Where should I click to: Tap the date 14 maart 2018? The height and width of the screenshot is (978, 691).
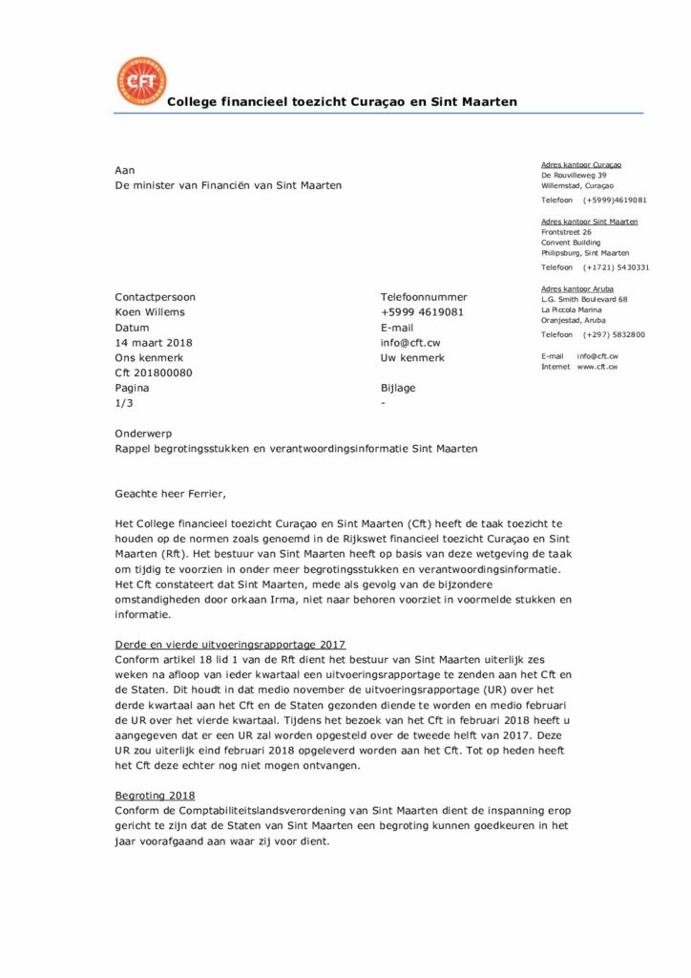coord(153,343)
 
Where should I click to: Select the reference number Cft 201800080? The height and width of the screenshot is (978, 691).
coord(153,373)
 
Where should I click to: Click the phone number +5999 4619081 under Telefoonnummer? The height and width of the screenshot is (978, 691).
coord(422,312)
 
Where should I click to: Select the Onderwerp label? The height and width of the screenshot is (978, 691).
coord(143,432)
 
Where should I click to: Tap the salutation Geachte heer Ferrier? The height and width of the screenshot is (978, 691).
coord(172,494)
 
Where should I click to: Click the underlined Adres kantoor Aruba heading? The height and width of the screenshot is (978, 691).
coord(576,288)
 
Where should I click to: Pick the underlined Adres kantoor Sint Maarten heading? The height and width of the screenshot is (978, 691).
coord(589,222)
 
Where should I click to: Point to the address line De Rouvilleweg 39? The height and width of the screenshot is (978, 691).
coord(573,176)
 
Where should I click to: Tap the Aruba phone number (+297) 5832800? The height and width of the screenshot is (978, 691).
coord(614,335)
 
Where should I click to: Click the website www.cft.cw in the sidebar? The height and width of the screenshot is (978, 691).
coord(597,367)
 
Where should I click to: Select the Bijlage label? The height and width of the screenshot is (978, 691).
coord(398,389)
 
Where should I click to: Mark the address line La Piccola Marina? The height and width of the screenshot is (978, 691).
coord(571,309)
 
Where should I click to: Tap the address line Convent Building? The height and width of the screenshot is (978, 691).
coord(571,243)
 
